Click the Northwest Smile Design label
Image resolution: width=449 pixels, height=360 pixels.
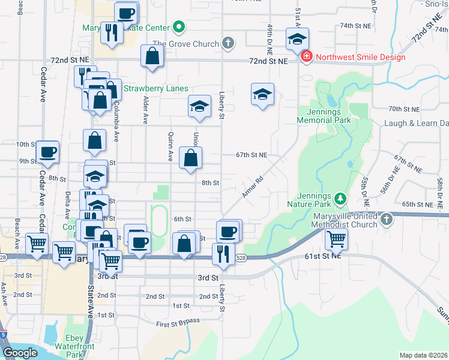pos(360,57)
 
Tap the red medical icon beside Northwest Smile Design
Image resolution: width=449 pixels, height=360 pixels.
pos(307,57)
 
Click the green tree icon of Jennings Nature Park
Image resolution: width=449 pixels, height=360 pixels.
pos(340,197)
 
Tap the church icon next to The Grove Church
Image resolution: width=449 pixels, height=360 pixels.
pos(227,43)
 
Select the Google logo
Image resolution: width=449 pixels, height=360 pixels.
pos(20,352)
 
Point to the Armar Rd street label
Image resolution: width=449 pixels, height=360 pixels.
pos(252,188)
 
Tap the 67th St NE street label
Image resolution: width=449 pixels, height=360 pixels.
pos(251,154)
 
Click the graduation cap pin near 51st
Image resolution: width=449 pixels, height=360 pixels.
pos(297,38)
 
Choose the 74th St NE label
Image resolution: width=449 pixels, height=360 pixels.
pos(354,26)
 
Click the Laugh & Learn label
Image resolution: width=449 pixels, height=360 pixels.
pos(420,123)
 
